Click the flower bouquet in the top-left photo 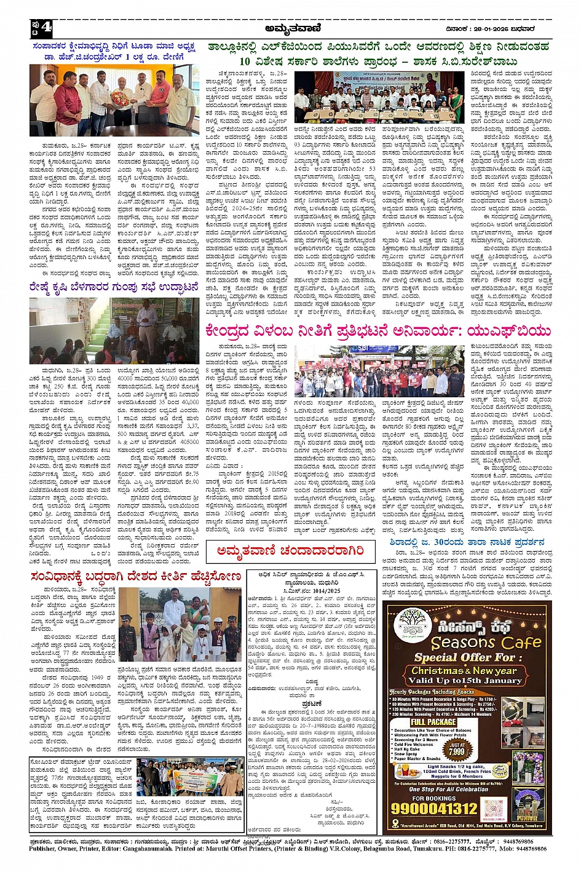coord(121,98)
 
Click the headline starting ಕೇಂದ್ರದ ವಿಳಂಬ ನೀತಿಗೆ coord(377,331)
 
